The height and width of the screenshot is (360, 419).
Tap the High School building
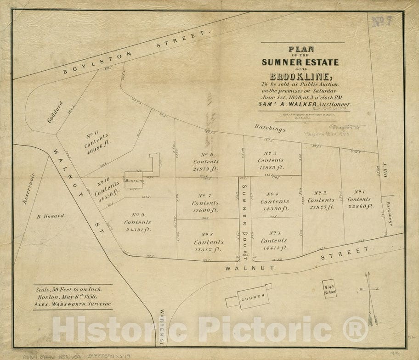pyautogui.click(x=329, y=289)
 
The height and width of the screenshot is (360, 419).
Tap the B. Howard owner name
pyautogui.click(x=50, y=216)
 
